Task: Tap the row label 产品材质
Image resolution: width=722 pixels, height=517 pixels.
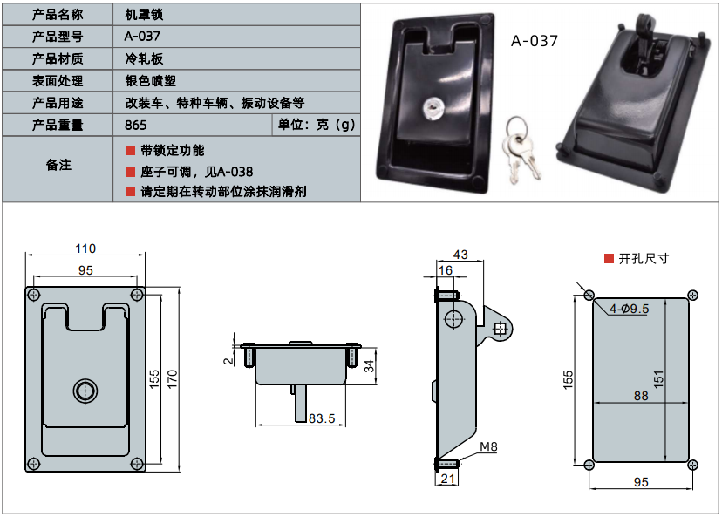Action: tap(58, 58)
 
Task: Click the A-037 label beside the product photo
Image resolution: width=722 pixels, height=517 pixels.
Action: tap(534, 40)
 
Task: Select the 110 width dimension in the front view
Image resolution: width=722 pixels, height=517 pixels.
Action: tap(85, 248)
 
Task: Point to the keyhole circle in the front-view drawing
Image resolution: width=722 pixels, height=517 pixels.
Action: tap(85, 390)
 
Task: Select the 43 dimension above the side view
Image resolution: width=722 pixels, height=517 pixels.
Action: tap(460, 255)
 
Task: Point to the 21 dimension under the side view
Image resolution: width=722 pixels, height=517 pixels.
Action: tap(447, 479)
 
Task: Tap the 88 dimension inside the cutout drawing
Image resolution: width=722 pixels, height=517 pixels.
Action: tap(641, 397)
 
